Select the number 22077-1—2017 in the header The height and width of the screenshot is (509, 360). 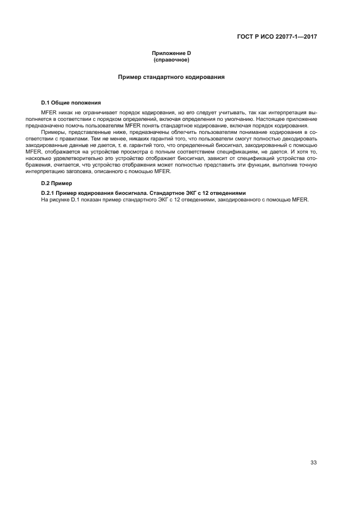tap(297, 37)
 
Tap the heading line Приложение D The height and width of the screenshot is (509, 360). tap(171, 53)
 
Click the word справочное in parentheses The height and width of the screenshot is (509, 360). tap(171, 59)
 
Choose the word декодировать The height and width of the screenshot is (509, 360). tap(299, 138)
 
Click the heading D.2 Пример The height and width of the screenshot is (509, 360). tap(57, 183)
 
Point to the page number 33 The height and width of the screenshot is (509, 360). tap(313, 463)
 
